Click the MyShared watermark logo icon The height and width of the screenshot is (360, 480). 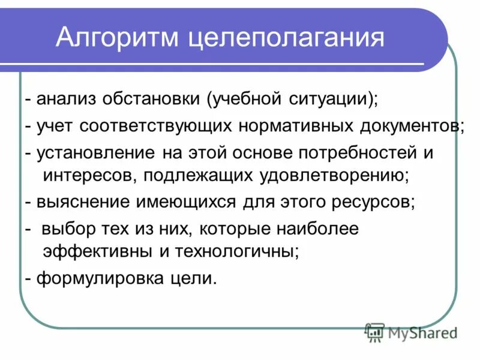click(375, 332)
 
